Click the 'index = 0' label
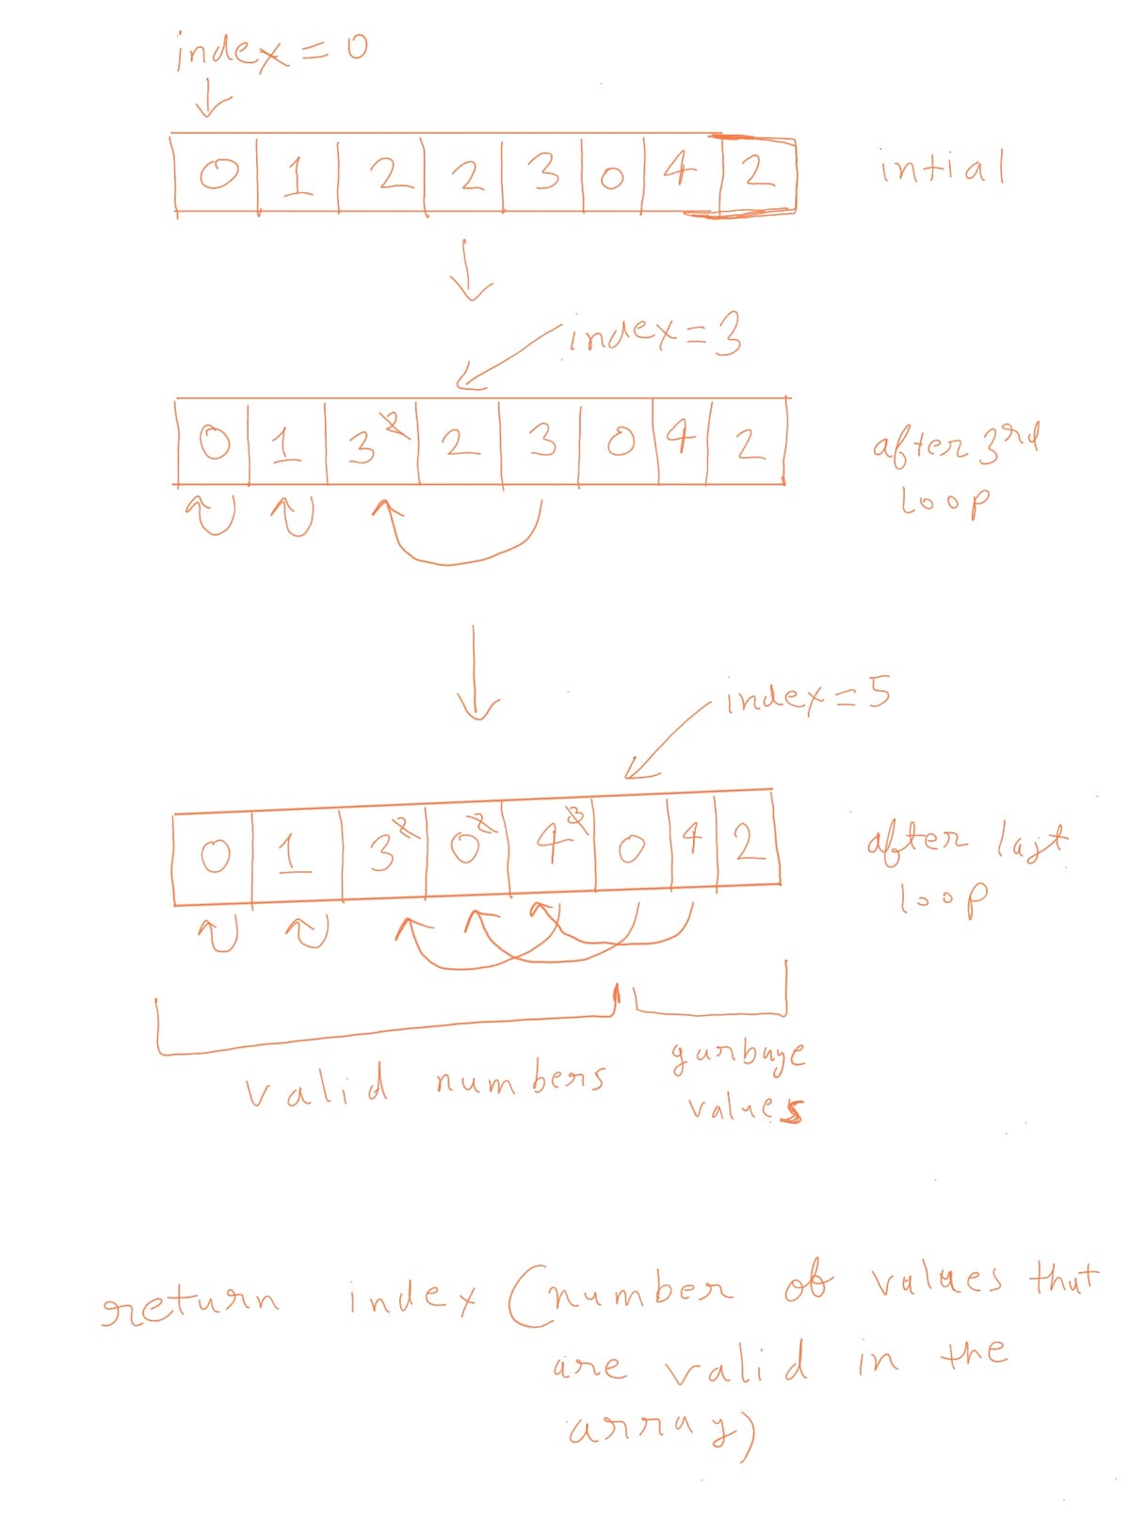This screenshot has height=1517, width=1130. (x=270, y=52)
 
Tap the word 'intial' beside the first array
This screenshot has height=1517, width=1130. (x=942, y=169)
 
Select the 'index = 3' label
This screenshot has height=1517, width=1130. (x=655, y=334)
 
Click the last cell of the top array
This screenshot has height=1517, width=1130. (x=756, y=175)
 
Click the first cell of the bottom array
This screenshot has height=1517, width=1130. (x=215, y=857)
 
